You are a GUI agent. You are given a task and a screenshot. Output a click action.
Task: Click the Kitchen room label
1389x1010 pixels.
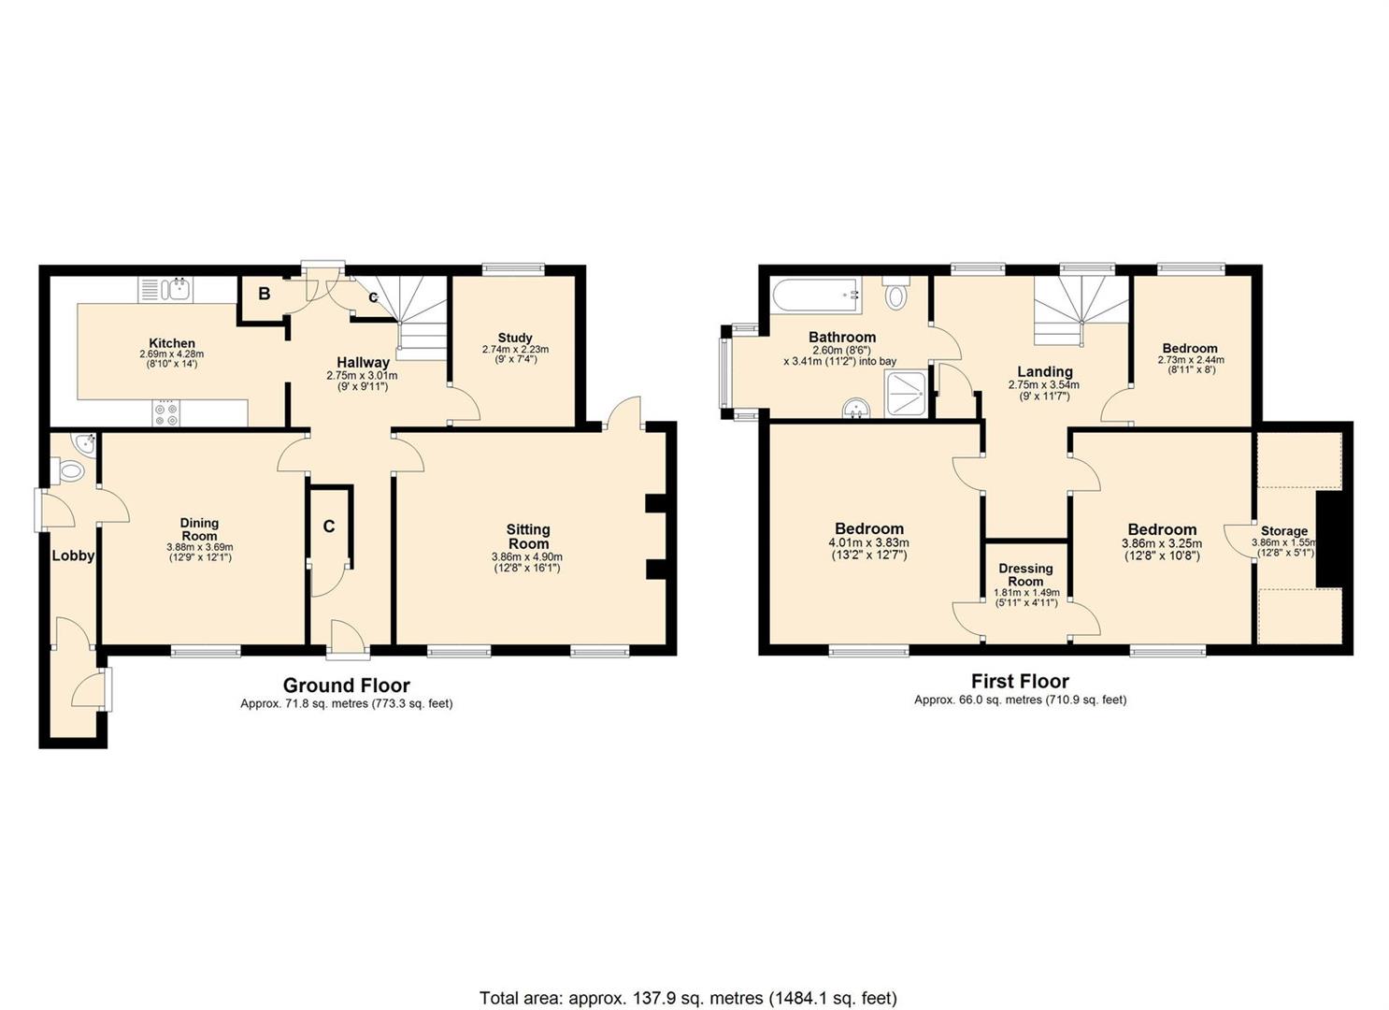[172, 343]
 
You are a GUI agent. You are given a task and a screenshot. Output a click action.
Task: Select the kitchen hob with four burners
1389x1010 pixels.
[166, 413]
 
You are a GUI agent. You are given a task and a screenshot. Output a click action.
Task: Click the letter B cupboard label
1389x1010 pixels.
[265, 294]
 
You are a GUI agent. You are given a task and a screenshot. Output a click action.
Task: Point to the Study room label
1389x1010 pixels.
[515, 338]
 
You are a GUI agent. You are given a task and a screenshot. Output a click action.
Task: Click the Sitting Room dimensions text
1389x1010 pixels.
[527, 562]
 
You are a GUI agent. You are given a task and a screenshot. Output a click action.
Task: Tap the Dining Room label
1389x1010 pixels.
[200, 529]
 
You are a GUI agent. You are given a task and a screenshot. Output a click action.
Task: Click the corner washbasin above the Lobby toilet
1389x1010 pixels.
[83, 443]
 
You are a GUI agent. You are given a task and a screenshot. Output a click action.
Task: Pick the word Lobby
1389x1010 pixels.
[73, 555]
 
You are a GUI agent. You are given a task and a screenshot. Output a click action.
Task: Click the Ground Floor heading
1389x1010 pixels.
[346, 685]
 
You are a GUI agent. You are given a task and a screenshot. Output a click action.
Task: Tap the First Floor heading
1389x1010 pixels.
[1020, 681]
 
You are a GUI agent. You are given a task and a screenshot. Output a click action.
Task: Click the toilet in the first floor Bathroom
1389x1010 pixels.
[895, 294]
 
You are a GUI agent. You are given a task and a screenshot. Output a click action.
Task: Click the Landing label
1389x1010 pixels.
[1045, 371]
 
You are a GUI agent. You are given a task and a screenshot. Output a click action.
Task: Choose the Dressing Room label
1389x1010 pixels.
[1025, 574]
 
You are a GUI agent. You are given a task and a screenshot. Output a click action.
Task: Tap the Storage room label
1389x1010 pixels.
[1284, 531]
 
